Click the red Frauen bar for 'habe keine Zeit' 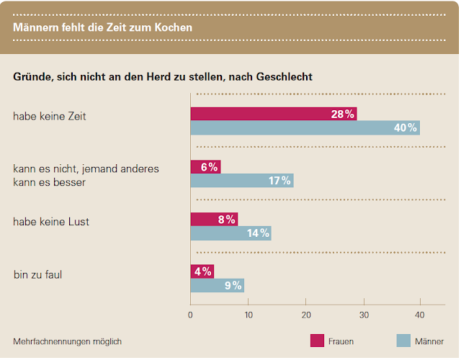(x=273, y=114)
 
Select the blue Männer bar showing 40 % (x=305, y=127)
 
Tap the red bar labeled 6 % (x=205, y=167)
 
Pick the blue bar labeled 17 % (x=241, y=181)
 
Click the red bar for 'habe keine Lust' (x=213, y=220)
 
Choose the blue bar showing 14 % (x=230, y=233)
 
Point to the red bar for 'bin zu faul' (x=202, y=272)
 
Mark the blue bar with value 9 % (x=217, y=286)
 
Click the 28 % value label (x=343, y=114)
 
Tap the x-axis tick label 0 (x=190, y=315)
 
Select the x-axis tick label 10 (x=248, y=315)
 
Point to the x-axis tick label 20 (x=306, y=315)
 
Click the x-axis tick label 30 (x=364, y=315)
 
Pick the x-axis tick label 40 (x=422, y=315)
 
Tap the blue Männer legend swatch (x=403, y=341)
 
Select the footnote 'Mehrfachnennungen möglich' (x=67, y=341)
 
